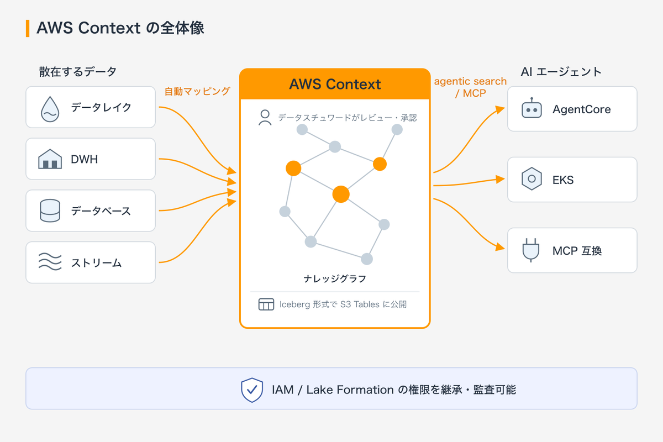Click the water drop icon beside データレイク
coord(50,109)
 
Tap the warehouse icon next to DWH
coord(50,159)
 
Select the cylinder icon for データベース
coord(50,211)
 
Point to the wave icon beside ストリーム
coord(50,262)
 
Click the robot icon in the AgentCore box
coord(532,108)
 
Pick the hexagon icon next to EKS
coord(532,179)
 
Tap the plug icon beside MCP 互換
coord(531,250)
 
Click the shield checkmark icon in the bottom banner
coord(252,390)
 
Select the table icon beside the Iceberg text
coord(266,304)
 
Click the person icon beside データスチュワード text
coord(265,118)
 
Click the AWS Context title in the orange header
coord(335,84)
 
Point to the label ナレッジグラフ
coord(335,278)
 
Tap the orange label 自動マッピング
coord(197,91)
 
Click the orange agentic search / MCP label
coord(470,87)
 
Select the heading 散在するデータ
coord(78,72)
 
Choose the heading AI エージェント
coord(561,72)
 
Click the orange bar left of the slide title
coord(28,28)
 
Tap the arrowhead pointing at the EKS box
coord(500,179)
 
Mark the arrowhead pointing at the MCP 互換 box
coord(500,247)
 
